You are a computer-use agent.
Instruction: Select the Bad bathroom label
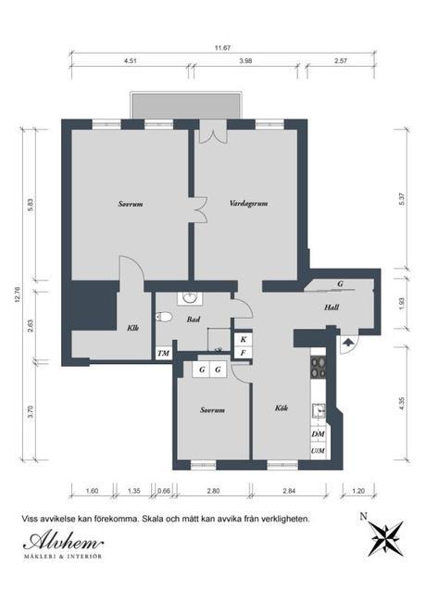pyautogui.click(x=194, y=320)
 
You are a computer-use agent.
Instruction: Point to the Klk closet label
pyautogui.click(x=133, y=328)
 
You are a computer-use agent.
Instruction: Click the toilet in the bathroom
pyautogui.click(x=166, y=317)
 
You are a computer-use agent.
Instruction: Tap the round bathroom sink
pyautogui.click(x=192, y=298)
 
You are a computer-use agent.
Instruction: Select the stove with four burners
pyautogui.click(x=318, y=368)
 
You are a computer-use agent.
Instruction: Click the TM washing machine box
pyautogui.click(x=163, y=353)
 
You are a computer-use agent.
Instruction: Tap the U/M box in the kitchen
pyautogui.click(x=318, y=450)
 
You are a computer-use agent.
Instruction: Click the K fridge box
pyautogui.click(x=243, y=340)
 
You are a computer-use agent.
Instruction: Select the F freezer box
pyautogui.click(x=243, y=353)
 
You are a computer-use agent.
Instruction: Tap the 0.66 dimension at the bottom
pyautogui.click(x=164, y=491)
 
